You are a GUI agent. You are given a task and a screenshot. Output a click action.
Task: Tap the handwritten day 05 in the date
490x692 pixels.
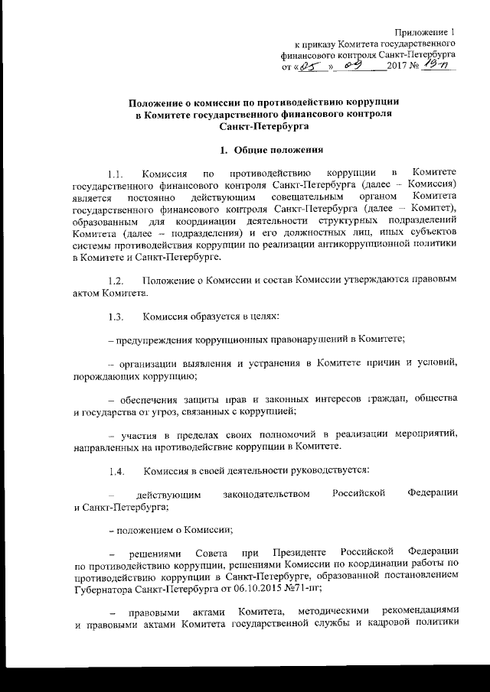(309, 67)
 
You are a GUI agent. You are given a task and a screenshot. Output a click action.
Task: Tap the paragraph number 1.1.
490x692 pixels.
(116, 174)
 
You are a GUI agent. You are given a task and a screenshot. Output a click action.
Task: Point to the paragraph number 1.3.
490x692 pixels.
(116, 317)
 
